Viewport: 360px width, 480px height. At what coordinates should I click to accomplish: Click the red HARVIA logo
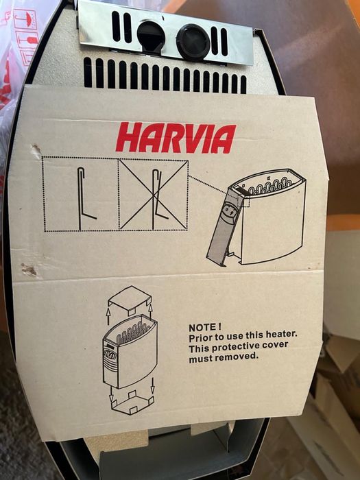click(176, 138)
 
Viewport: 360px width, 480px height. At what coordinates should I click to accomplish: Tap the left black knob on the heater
click(150, 36)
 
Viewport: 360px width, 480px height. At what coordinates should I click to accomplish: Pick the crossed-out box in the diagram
click(153, 195)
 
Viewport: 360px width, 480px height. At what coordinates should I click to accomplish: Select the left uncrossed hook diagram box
click(80, 195)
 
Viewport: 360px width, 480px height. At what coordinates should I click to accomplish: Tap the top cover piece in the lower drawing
click(129, 300)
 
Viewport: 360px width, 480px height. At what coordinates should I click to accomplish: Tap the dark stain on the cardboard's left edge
click(29, 269)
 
